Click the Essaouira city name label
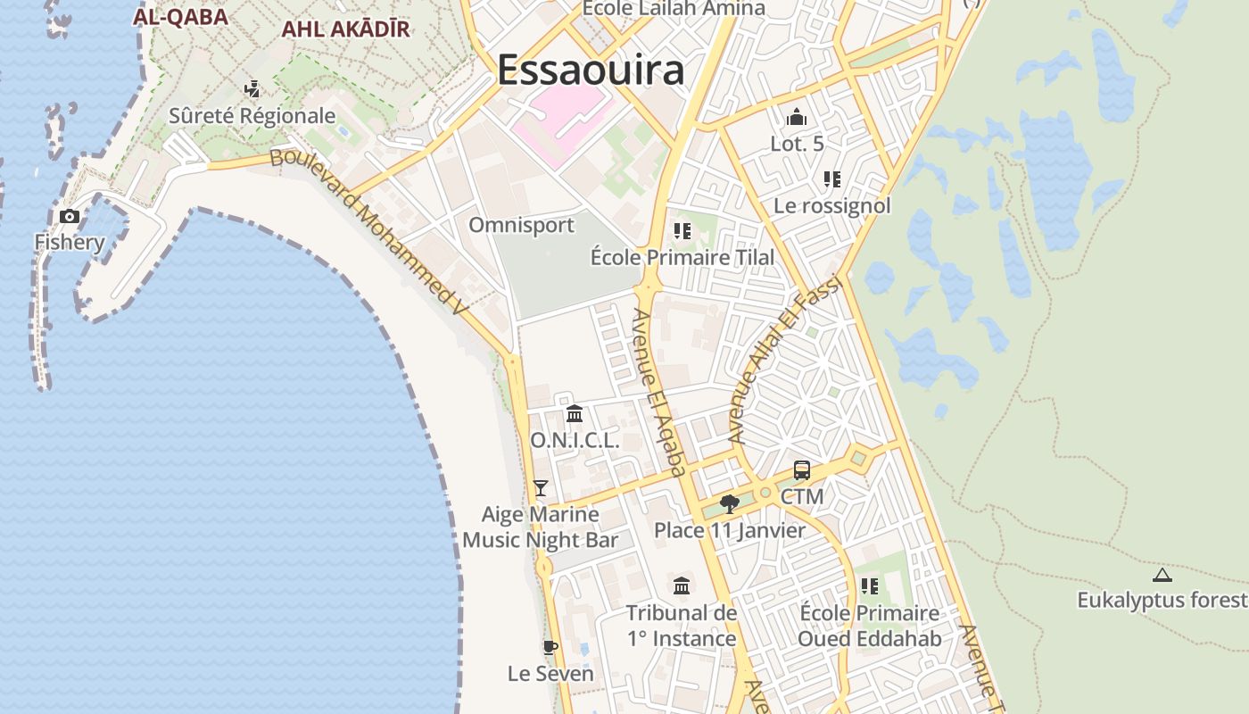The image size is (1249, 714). coord(591,70)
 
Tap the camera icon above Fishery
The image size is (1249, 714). coord(70,216)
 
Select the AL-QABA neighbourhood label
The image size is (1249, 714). coord(180,17)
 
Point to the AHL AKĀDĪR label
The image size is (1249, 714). coord(345,29)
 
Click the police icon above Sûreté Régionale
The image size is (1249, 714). coord(252,88)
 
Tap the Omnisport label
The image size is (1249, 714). coord(522,225)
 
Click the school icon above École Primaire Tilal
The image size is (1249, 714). coord(682,232)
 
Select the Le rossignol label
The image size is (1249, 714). coord(831,206)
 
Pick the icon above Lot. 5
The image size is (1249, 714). coord(797,117)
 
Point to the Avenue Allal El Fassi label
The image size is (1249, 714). coord(785,358)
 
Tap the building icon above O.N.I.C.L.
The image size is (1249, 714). coord(575,414)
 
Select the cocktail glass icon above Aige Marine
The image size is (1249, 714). coord(540,487)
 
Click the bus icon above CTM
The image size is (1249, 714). coord(802,470)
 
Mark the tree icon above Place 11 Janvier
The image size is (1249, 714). coord(730,504)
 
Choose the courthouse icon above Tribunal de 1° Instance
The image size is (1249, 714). coord(682,585)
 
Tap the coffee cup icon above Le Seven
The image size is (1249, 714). coord(550,647)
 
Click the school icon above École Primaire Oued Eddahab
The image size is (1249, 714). coord(869,586)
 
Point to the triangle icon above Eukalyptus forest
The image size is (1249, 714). coord(1162,575)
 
